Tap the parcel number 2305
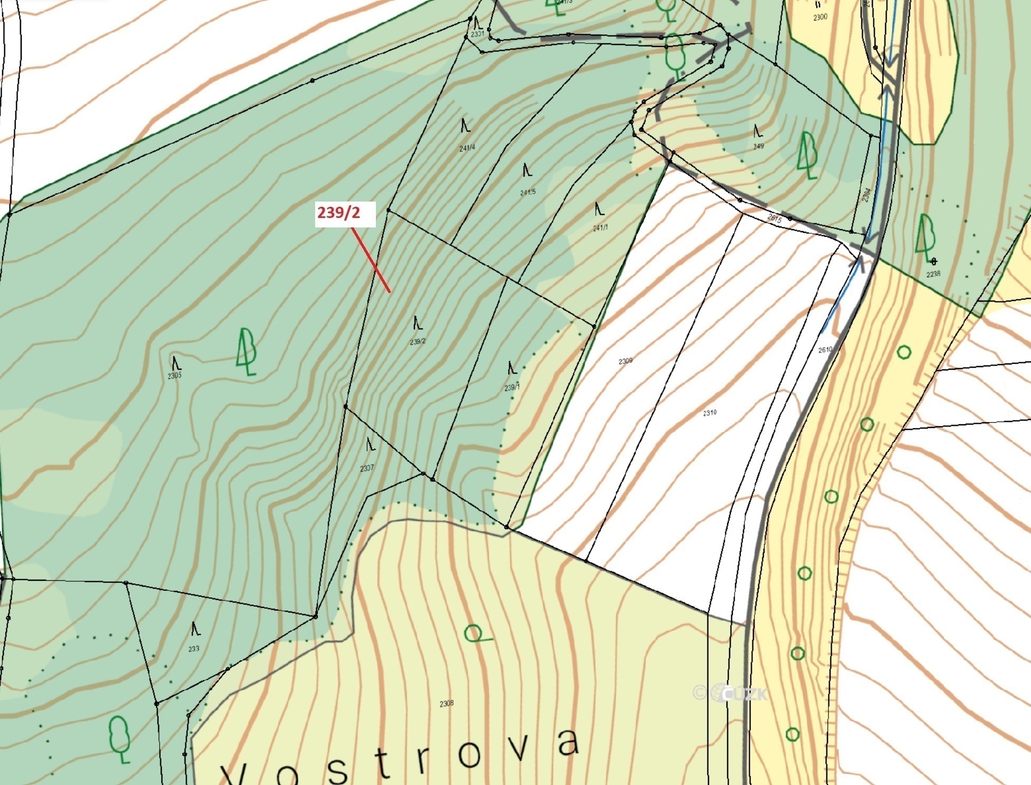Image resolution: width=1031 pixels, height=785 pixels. pyautogui.click(x=174, y=376)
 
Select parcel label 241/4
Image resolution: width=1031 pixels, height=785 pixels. pyautogui.click(x=467, y=148)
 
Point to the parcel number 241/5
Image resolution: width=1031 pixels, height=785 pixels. pyautogui.click(x=528, y=192)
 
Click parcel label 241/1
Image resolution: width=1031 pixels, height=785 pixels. pyautogui.click(x=600, y=228)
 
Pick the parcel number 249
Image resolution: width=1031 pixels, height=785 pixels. pyautogui.click(x=759, y=146)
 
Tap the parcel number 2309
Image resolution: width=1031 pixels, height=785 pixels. pyautogui.click(x=625, y=361)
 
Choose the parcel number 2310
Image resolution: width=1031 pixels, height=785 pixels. pyautogui.click(x=710, y=413)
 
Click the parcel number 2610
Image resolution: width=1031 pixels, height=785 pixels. pyautogui.click(x=825, y=350)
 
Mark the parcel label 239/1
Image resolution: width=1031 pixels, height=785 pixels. pyautogui.click(x=512, y=388)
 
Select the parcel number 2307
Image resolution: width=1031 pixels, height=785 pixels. pyautogui.click(x=367, y=468)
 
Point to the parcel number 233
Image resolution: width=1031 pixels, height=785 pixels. pyautogui.click(x=194, y=649)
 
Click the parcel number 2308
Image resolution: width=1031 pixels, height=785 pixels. pyautogui.click(x=447, y=704)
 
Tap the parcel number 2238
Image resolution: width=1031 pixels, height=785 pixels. pyautogui.click(x=933, y=274)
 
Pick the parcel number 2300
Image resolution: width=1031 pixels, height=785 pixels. pyautogui.click(x=820, y=17)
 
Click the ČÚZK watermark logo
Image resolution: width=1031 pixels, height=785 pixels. pyautogui.click(x=731, y=692)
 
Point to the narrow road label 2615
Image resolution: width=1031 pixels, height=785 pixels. pyautogui.click(x=774, y=218)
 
